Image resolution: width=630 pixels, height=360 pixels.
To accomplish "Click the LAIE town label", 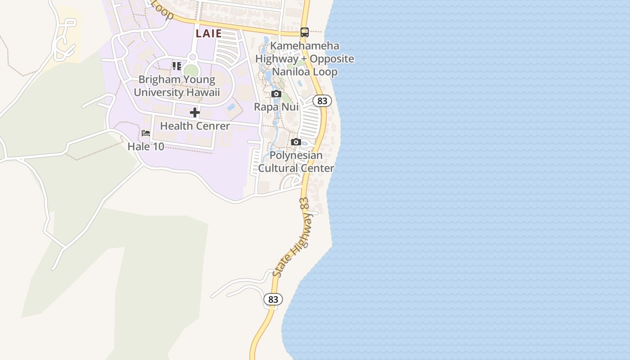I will pos(209,33).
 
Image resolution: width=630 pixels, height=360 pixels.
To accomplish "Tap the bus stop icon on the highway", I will pos(305,32).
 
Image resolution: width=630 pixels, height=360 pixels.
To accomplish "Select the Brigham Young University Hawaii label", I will pos(177,86).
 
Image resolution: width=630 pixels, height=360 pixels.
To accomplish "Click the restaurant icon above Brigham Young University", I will pos(177,66).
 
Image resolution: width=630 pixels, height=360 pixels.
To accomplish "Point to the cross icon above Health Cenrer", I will pos(195,112).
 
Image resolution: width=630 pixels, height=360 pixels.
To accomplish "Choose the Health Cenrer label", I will pos(195,126).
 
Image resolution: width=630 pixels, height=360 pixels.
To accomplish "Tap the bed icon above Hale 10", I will pos(146,133).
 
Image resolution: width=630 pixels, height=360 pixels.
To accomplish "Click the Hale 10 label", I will pos(146,146).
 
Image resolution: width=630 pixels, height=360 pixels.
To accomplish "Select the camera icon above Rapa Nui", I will pos(276,94).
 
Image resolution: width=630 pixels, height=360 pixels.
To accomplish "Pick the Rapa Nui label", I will pos(276,107).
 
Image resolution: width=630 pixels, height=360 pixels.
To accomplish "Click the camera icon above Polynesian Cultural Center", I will pos(296,142).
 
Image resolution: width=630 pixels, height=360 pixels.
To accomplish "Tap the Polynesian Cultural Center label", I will pos(296,162).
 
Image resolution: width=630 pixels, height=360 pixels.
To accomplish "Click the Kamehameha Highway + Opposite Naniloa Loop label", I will pos(305,59).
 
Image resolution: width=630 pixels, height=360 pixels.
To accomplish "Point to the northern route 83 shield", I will pos(322,101).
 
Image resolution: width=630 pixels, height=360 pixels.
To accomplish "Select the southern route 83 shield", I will pos(273,299).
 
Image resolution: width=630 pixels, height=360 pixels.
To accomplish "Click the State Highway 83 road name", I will pos(292,237).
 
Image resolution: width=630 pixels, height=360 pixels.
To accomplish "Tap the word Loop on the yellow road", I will pos(163,10).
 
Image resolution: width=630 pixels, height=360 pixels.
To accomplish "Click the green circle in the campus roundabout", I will pos(191,71).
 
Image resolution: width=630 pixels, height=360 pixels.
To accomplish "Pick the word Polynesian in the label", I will pos(296,156).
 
